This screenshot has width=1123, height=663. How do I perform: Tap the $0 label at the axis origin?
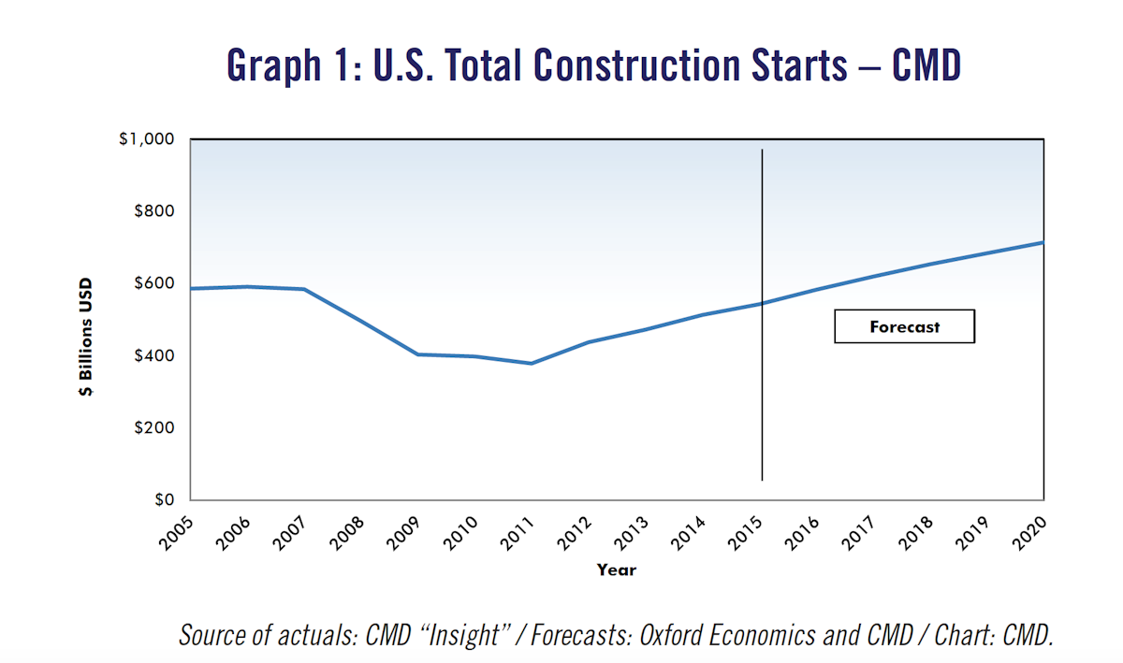pyautogui.click(x=167, y=499)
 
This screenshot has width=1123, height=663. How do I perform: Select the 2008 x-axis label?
pyautogui.click(x=347, y=531)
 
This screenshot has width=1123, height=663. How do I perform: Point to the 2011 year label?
pyautogui.click(x=518, y=531)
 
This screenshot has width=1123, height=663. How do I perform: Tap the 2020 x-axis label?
pyautogui.click(x=1030, y=531)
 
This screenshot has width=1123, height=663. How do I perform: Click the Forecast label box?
pyautogui.click(x=904, y=327)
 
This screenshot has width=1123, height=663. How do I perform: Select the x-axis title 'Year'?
pyautogui.click(x=617, y=569)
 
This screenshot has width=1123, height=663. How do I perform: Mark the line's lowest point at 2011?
pyautogui.click(x=532, y=363)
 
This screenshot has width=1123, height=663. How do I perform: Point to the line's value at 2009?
pyautogui.click(x=417, y=354)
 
